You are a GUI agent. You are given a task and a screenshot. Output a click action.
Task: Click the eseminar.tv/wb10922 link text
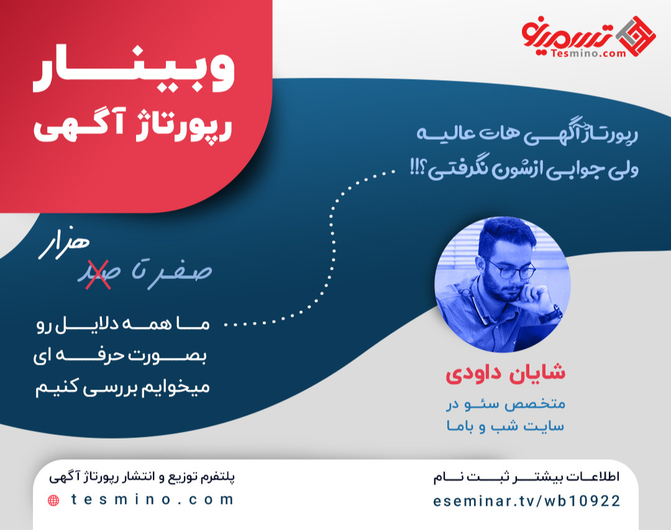pyautogui.click(x=527, y=501)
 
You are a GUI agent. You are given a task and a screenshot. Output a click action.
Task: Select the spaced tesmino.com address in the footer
pyautogui.click(x=153, y=500)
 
